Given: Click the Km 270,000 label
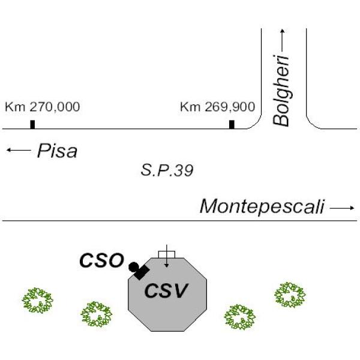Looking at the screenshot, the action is pyautogui.click(x=43, y=107).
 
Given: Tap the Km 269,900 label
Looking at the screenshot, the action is pyautogui.click(x=218, y=107).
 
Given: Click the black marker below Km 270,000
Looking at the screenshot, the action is pyautogui.click(x=32, y=124).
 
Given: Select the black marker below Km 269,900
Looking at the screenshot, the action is pyautogui.click(x=232, y=124).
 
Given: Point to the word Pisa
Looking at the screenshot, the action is pyautogui.click(x=57, y=151).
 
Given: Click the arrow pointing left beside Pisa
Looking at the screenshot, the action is pyautogui.click(x=19, y=150).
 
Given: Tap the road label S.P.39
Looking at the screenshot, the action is pyautogui.click(x=167, y=170).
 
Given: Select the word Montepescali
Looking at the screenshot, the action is pyautogui.click(x=262, y=206).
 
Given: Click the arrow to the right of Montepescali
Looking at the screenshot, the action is pyautogui.click(x=342, y=208).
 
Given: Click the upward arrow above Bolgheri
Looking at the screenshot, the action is pyautogui.click(x=283, y=41).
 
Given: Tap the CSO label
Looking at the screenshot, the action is pyautogui.click(x=101, y=260).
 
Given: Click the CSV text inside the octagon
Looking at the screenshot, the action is pyautogui.click(x=166, y=290).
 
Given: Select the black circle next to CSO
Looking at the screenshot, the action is pyautogui.click(x=134, y=267).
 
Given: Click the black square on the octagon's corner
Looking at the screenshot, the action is pyautogui.click(x=142, y=272).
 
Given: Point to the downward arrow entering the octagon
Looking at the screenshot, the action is pyautogui.click(x=167, y=256).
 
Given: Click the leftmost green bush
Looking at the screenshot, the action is pyautogui.click(x=37, y=301).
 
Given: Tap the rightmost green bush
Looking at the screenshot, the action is pyautogui.click(x=290, y=295).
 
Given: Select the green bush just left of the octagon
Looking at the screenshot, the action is pyautogui.click(x=97, y=314).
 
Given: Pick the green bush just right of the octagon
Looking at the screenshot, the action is pyautogui.click(x=240, y=317).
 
